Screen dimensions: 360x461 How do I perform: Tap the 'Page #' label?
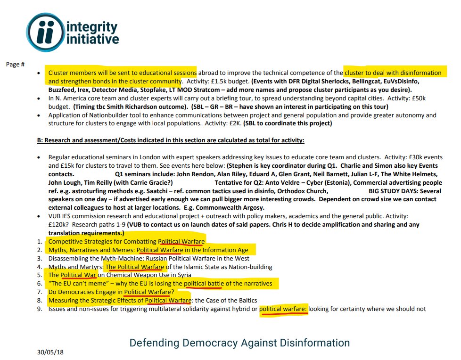click(x=15, y=64)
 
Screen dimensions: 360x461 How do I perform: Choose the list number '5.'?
click(x=40, y=275)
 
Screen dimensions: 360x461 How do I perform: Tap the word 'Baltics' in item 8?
click(x=244, y=300)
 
